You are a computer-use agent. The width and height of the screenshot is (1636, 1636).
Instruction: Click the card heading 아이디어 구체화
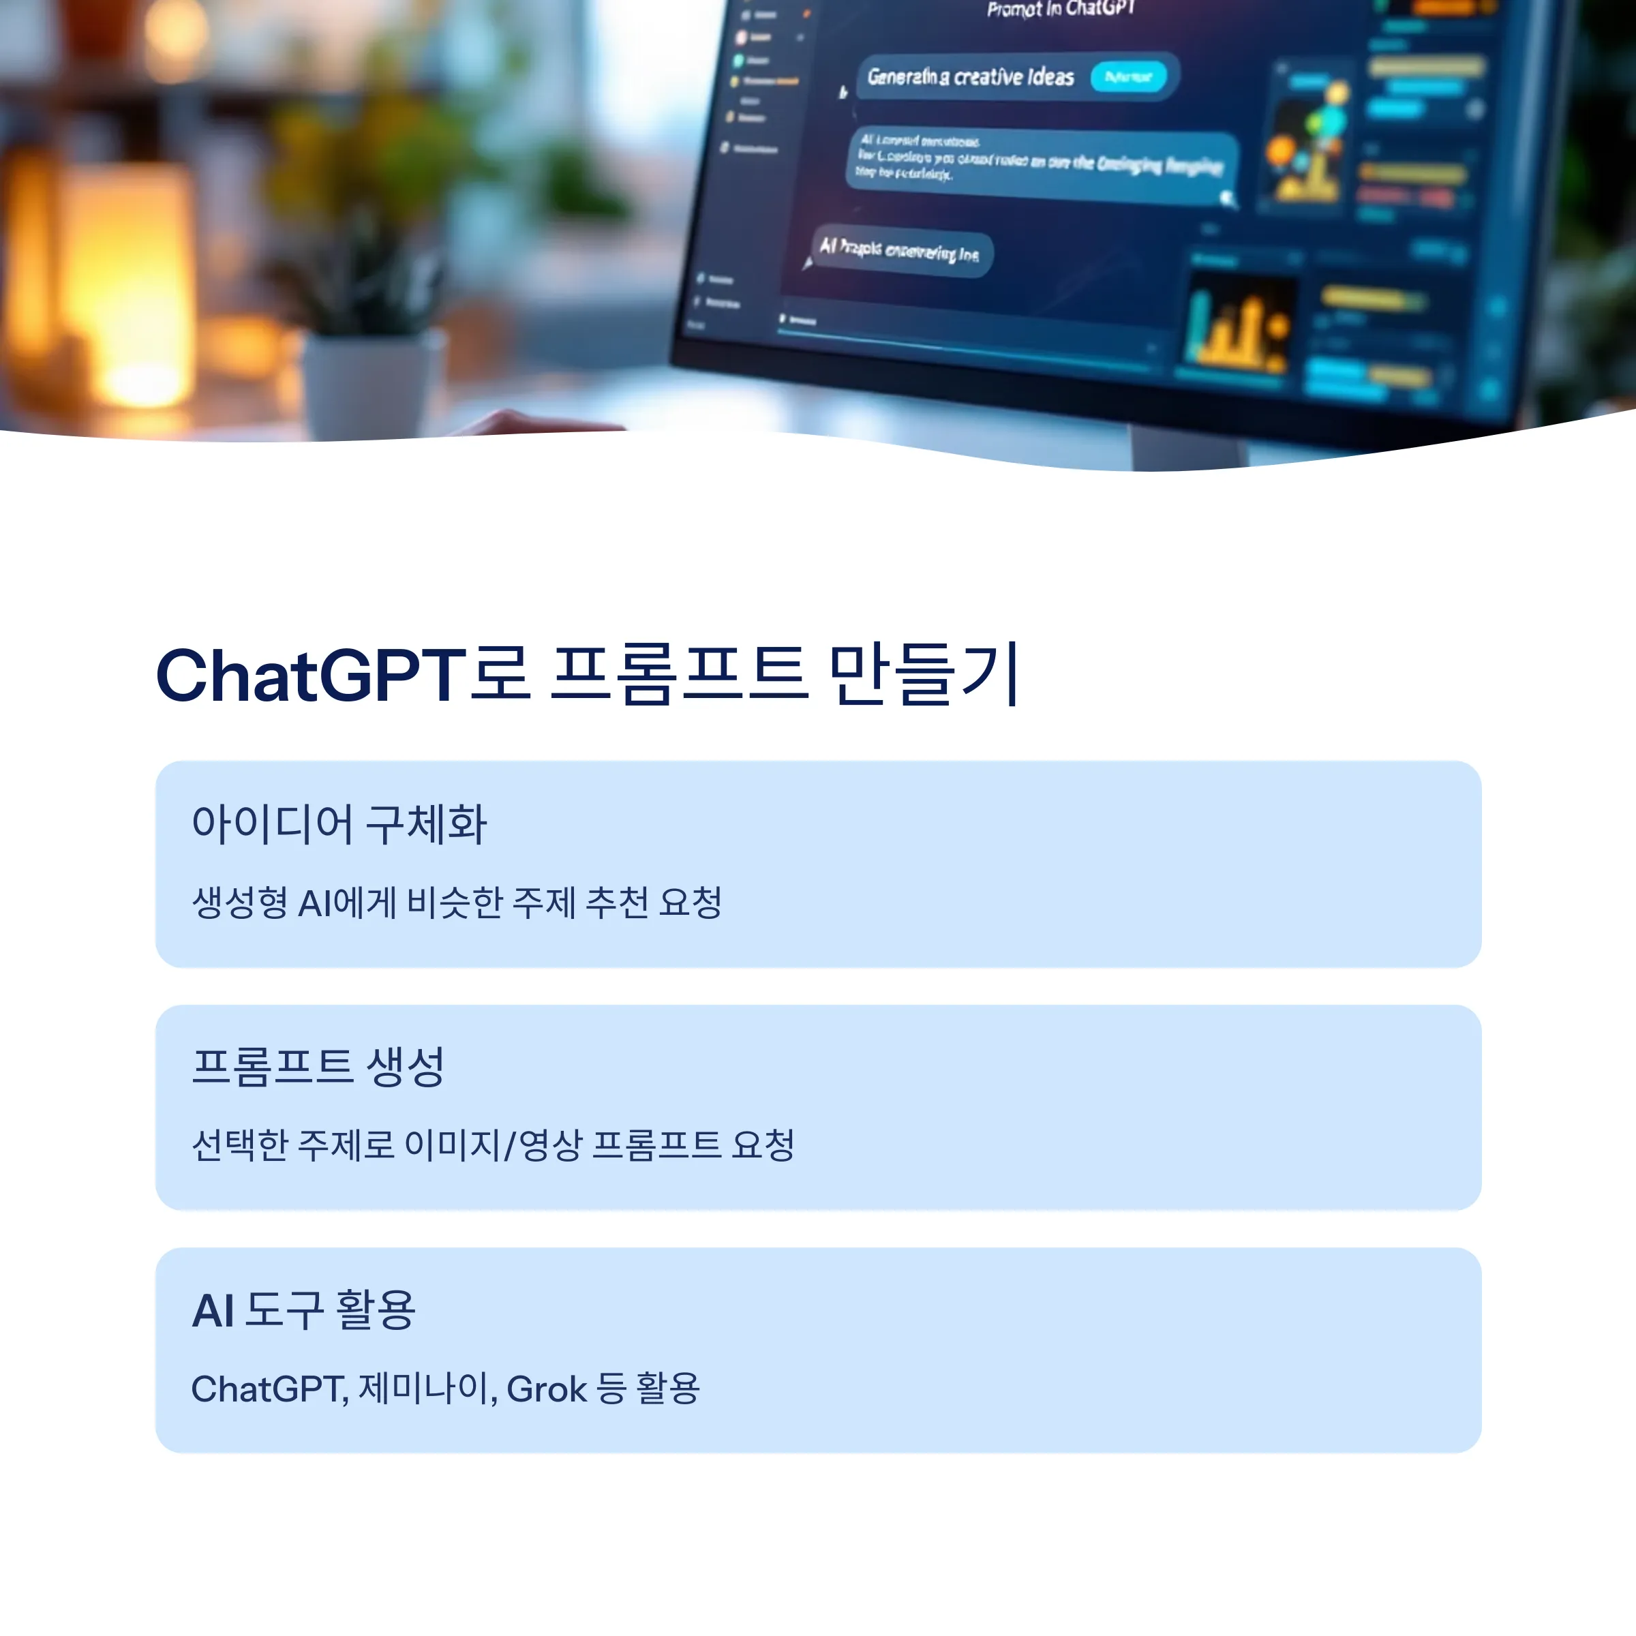pos(339,824)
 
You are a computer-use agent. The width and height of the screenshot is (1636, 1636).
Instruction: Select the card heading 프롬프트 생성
pos(318,1066)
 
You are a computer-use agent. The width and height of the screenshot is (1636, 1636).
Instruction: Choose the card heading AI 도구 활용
pos(304,1310)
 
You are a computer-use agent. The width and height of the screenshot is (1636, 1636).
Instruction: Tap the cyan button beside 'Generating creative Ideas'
pos(1128,77)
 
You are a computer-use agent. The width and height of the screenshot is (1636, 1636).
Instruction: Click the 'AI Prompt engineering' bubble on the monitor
pos(899,252)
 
